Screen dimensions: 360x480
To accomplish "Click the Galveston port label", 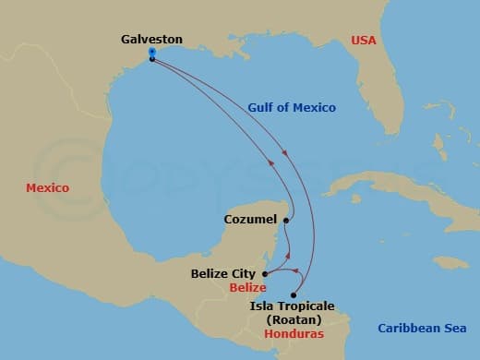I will pyautogui.click(x=151, y=40).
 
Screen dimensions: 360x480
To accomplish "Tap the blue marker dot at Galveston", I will pyautogui.click(x=151, y=53).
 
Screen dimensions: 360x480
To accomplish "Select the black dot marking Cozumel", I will pyautogui.click(x=287, y=220).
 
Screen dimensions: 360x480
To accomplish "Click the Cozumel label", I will pyautogui.click(x=250, y=220).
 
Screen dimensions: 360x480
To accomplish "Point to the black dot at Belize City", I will pyautogui.click(x=266, y=273).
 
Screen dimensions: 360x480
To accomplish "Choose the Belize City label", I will pyautogui.click(x=225, y=273).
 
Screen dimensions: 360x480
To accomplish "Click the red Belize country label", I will pyautogui.click(x=235, y=287).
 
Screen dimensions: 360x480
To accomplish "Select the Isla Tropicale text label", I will pyautogui.click(x=293, y=306).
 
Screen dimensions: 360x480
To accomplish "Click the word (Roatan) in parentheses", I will pyautogui.click(x=293, y=319).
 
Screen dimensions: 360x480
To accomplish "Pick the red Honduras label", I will pyautogui.click(x=293, y=333).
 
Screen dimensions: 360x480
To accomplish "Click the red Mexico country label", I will pyautogui.click(x=47, y=187).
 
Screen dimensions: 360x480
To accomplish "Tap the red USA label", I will pyautogui.click(x=365, y=40).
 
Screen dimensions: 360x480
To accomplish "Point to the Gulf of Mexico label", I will pyautogui.click(x=292, y=107).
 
